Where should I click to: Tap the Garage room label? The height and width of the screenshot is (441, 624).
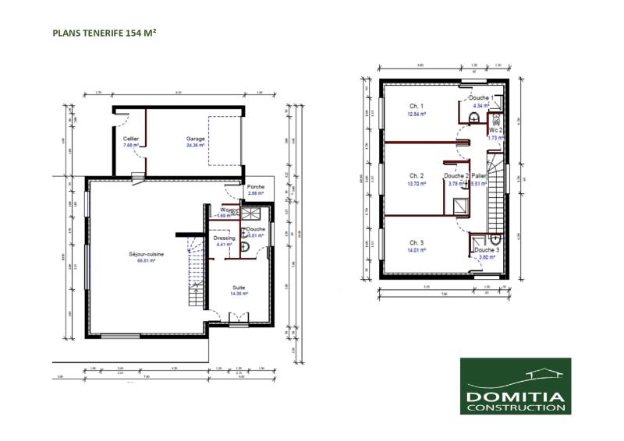[195, 138]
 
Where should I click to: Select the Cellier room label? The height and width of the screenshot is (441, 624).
[131, 139]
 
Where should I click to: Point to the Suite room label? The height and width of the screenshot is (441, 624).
[238, 288]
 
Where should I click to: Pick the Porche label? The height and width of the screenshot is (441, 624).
[254, 187]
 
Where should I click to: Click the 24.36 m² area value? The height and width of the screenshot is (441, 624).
[195, 145]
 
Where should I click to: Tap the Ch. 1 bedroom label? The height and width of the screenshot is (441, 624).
[417, 106]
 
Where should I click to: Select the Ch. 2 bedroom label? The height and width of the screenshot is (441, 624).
[417, 176]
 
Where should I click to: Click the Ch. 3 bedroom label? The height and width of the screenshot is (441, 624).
[417, 243]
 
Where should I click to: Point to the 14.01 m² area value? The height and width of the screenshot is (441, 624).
[417, 250]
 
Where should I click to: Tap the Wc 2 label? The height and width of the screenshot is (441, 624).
[494, 130]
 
